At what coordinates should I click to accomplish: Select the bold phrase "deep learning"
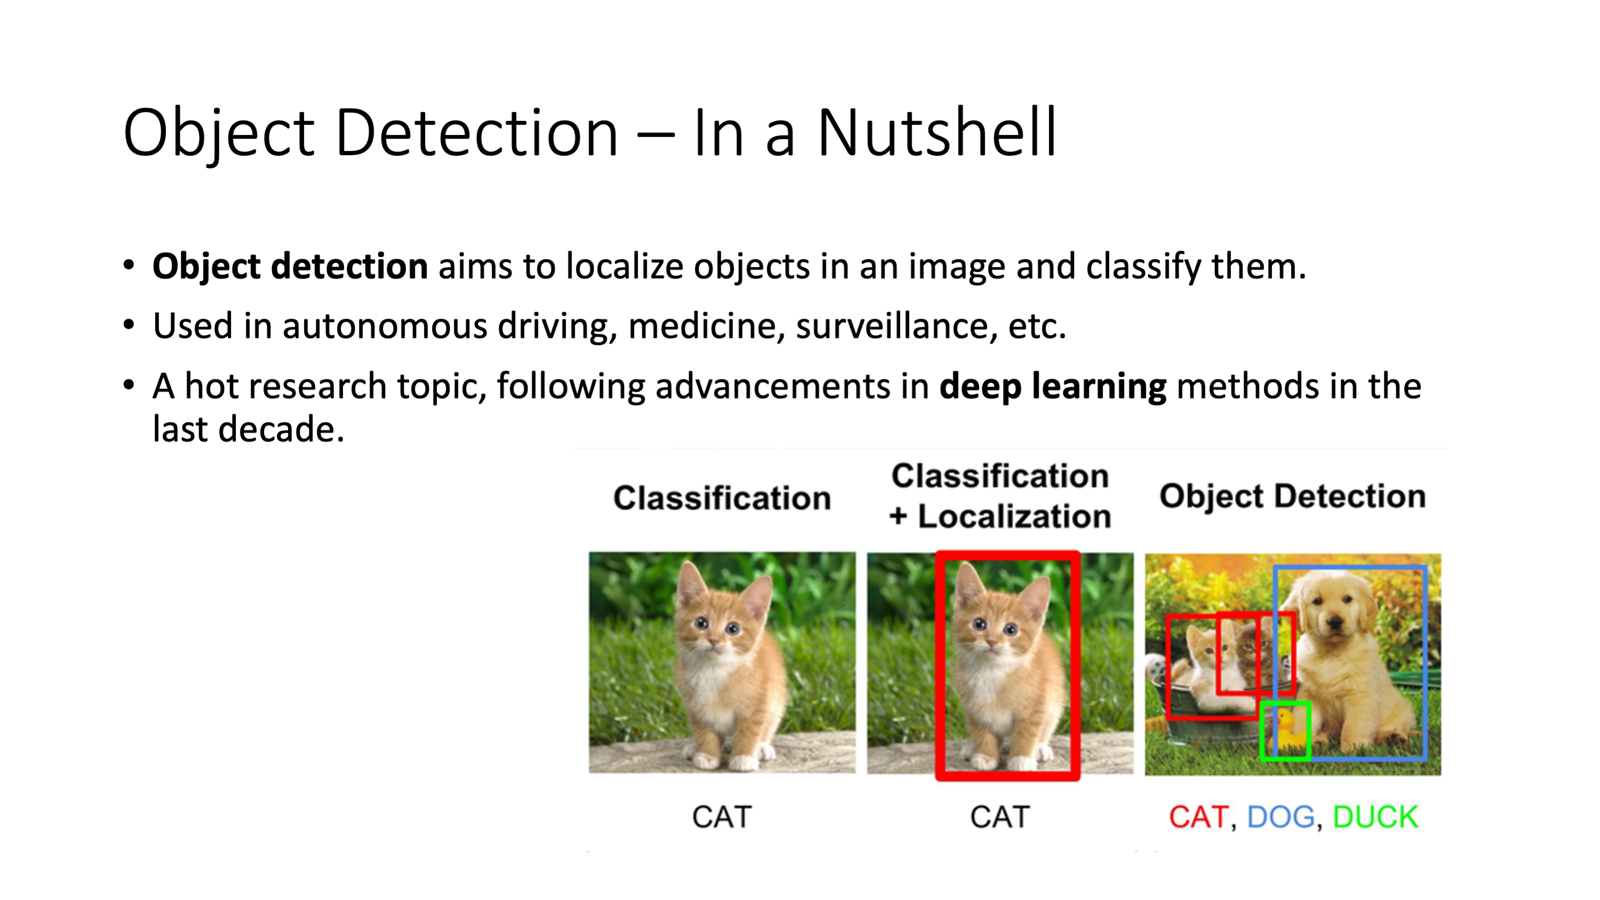(1053, 387)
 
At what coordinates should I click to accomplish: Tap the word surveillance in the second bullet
(893, 325)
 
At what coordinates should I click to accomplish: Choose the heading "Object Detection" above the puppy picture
(1293, 496)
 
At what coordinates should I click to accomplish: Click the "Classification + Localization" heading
(1000, 496)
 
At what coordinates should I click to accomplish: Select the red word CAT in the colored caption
(1198, 817)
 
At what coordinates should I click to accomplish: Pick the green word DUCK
(1376, 817)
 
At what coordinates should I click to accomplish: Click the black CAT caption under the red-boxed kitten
(1000, 817)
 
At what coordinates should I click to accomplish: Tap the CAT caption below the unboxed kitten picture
(722, 817)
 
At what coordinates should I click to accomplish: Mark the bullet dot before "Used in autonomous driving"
(129, 325)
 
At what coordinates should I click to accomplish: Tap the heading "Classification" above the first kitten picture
(722, 498)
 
